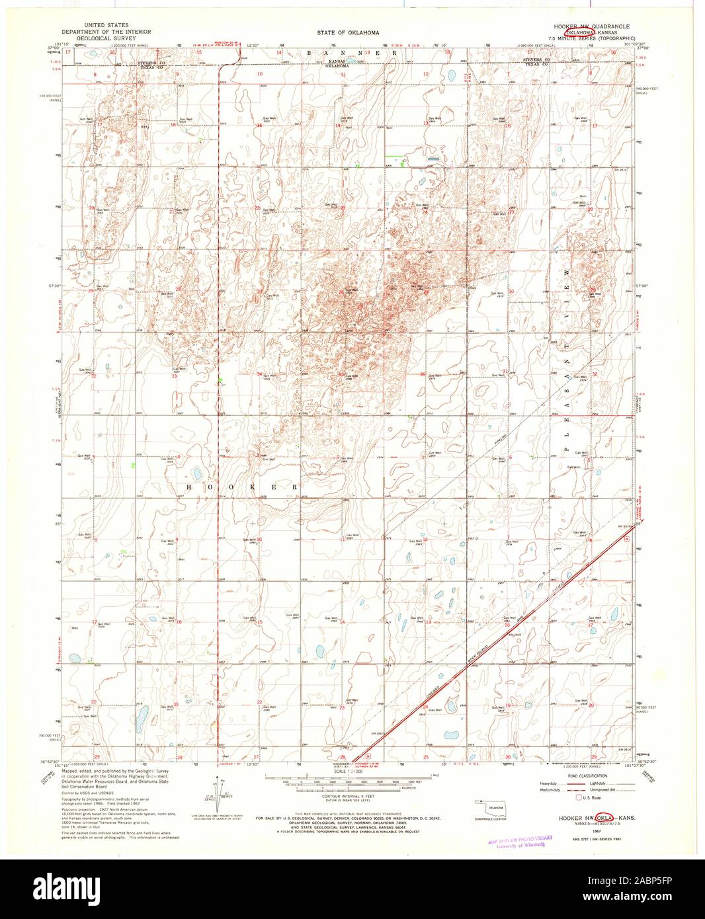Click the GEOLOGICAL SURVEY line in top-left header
(x=105, y=38)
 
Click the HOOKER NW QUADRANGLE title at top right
(x=591, y=24)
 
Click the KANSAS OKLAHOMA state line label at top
(x=338, y=63)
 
